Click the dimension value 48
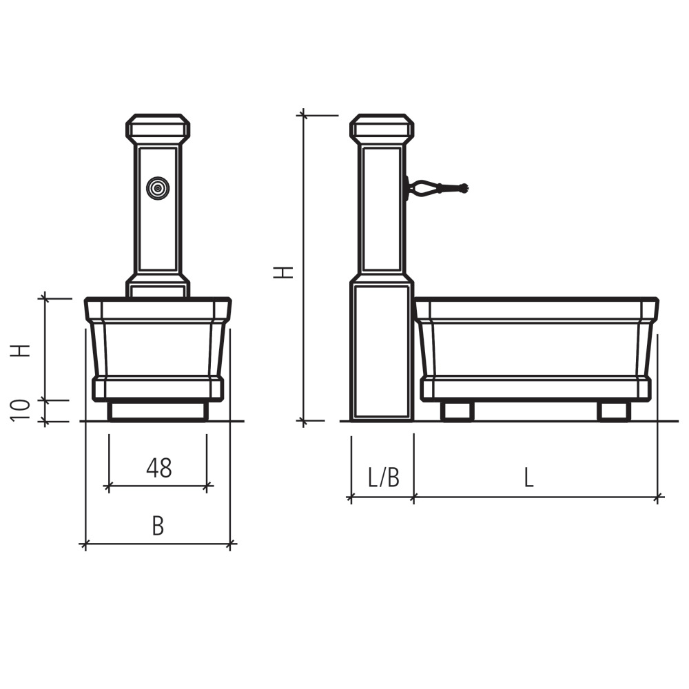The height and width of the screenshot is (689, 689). (x=159, y=468)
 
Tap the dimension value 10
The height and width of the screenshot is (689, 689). (x=21, y=411)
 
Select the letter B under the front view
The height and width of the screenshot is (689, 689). (x=158, y=526)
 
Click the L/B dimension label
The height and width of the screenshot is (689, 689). (x=384, y=477)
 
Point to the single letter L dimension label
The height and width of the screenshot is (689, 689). (x=529, y=477)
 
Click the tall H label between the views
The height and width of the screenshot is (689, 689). (x=283, y=272)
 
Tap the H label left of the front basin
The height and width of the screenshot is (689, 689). (x=21, y=350)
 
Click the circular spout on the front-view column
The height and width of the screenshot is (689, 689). (x=158, y=188)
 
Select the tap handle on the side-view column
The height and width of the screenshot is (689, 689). (x=438, y=188)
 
